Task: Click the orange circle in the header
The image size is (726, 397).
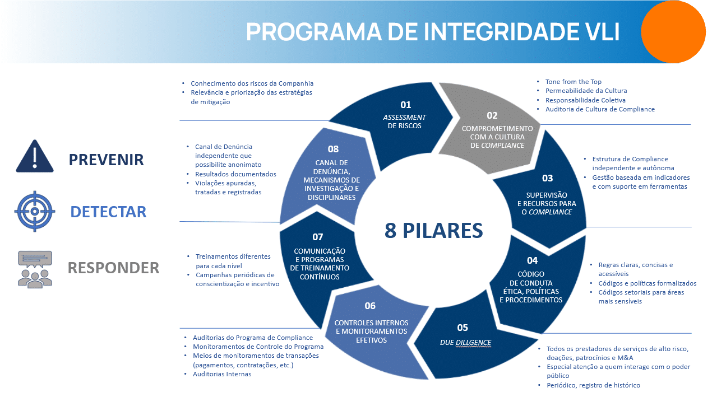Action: (x=673, y=31)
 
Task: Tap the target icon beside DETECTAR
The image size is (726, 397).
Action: (x=34, y=211)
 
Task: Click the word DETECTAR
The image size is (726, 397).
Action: (x=108, y=212)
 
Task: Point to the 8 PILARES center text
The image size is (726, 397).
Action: (x=433, y=230)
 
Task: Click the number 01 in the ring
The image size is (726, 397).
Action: (x=405, y=105)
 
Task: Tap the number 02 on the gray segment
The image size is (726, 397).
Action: (x=492, y=116)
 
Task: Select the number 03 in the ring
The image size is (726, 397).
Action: (x=547, y=178)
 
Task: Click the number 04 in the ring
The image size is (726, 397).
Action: (x=532, y=260)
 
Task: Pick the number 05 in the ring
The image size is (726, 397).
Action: (x=462, y=328)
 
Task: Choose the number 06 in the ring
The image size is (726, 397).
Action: (x=370, y=306)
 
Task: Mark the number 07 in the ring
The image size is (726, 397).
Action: (x=318, y=237)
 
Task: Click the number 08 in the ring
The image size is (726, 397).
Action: (x=334, y=149)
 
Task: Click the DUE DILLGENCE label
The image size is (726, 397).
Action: (x=465, y=342)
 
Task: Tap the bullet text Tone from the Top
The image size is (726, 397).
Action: (x=573, y=82)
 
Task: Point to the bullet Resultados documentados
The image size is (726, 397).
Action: (x=235, y=174)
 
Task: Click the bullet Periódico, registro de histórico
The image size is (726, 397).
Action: (x=593, y=385)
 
